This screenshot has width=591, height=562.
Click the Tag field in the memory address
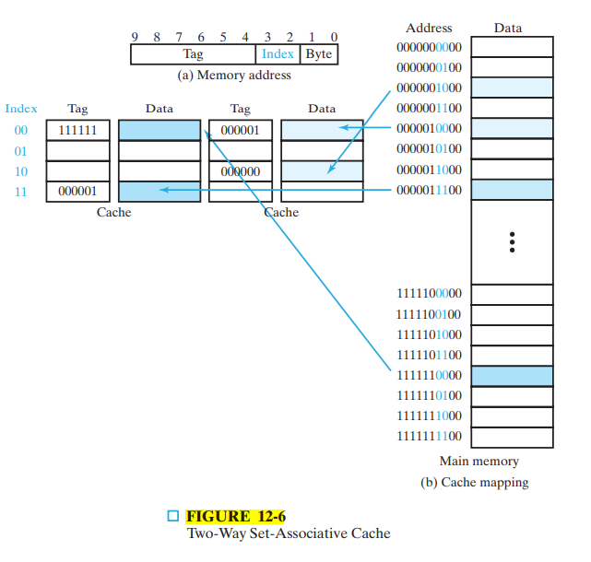(x=193, y=53)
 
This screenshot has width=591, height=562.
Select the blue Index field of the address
(x=278, y=53)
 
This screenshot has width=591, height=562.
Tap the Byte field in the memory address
(x=319, y=53)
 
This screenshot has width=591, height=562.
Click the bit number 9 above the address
(x=136, y=37)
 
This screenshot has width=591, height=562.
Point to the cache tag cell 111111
(x=77, y=131)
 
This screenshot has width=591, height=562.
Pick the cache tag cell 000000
(x=240, y=171)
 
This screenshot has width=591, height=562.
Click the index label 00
(x=21, y=131)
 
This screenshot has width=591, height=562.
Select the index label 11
(x=21, y=192)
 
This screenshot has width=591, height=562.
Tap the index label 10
(x=21, y=171)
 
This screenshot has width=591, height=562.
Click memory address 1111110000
(x=429, y=375)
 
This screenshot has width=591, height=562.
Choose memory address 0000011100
(x=429, y=190)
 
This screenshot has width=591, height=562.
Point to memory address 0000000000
(x=429, y=47)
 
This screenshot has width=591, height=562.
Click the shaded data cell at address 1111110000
(x=512, y=375)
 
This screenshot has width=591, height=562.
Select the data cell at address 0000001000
(x=512, y=88)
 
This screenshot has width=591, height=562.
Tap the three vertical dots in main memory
(x=512, y=242)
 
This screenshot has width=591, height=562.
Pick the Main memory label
(x=479, y=461)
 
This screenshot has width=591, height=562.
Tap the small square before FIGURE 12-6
(x=173, y=516)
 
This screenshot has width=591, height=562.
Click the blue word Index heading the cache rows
(x=21, y=109)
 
